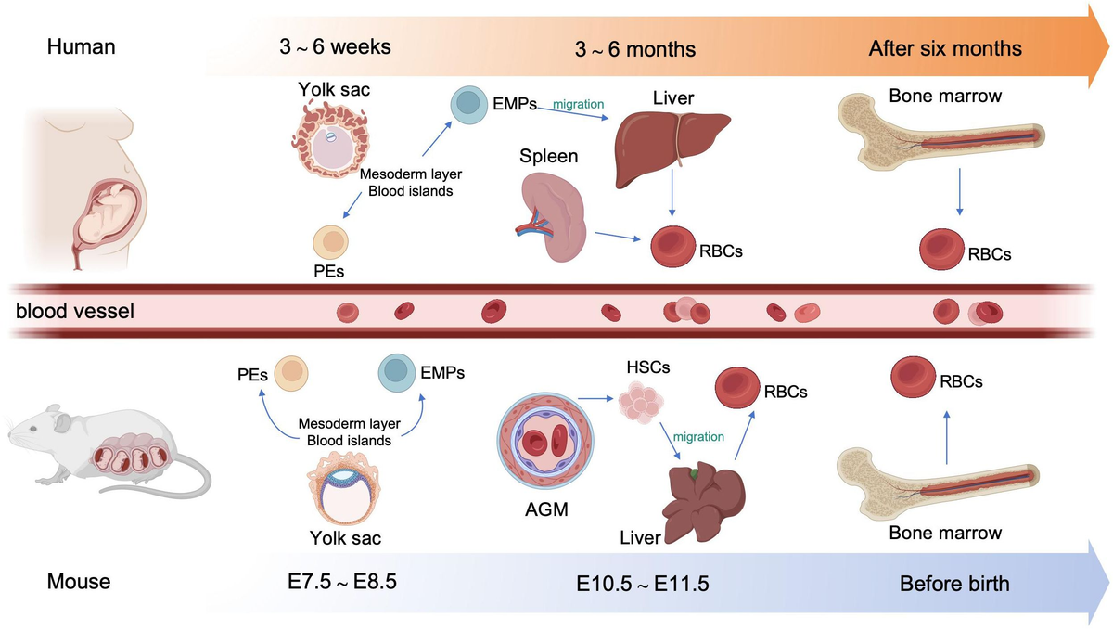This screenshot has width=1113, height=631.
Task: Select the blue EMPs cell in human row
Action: click(468, 105)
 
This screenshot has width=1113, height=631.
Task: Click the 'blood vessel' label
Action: click(75, 311)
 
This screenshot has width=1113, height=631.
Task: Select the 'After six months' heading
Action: click(944, 48)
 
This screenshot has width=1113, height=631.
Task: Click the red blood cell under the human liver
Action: click(673, 248)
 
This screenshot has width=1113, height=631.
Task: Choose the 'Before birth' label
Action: click(954, 584)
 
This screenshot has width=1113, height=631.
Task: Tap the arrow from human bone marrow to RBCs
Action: click(959, 200)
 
